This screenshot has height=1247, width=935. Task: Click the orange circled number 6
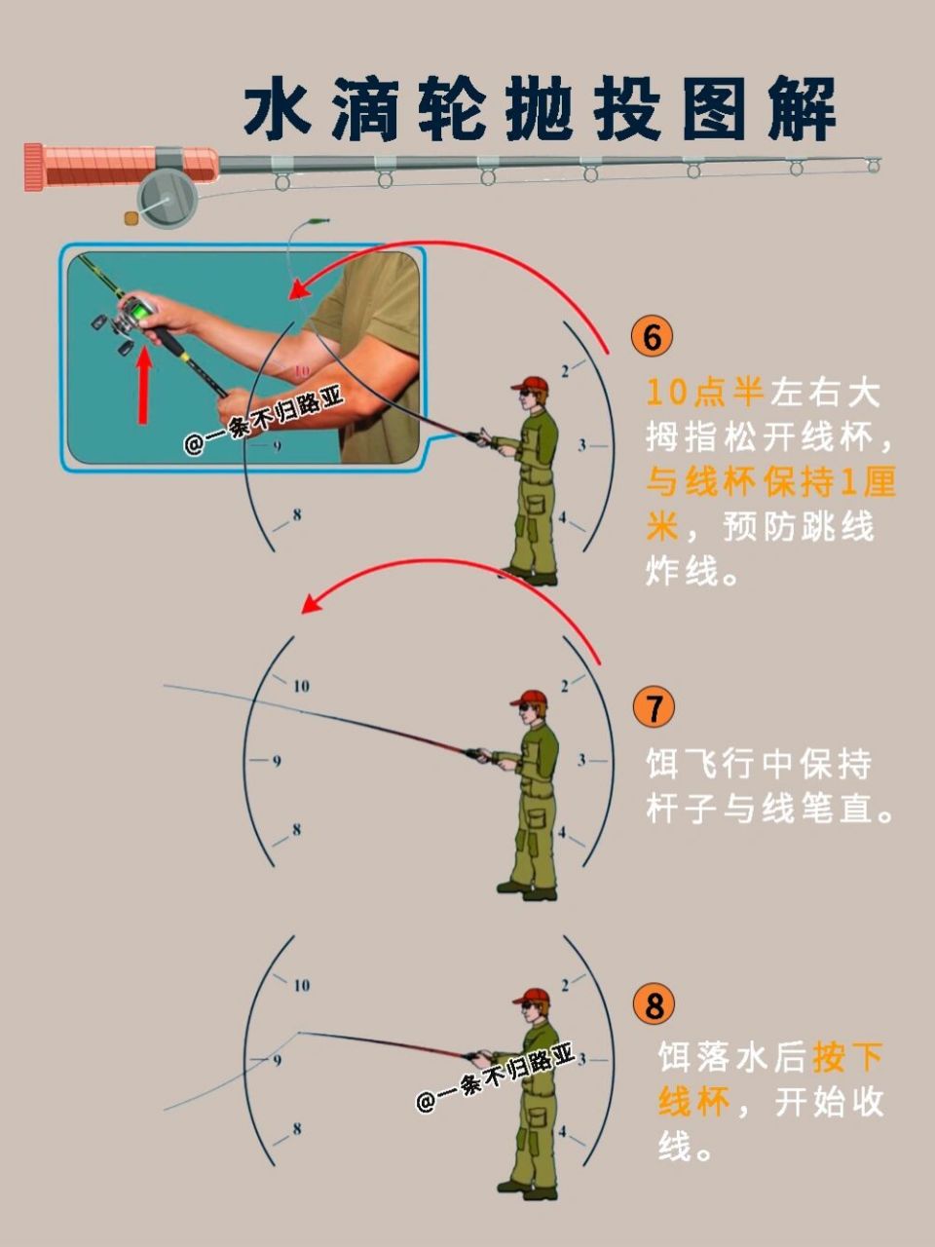coord(652,336)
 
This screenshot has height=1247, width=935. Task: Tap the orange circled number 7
coord(653,707)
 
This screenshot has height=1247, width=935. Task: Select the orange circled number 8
coord(653,1004)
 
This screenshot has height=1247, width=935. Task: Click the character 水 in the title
coord(278,109)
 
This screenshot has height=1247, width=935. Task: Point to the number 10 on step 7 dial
coord(301,686)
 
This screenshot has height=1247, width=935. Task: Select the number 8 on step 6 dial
coord(296,515)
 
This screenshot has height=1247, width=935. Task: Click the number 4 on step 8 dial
coord(562,1131)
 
